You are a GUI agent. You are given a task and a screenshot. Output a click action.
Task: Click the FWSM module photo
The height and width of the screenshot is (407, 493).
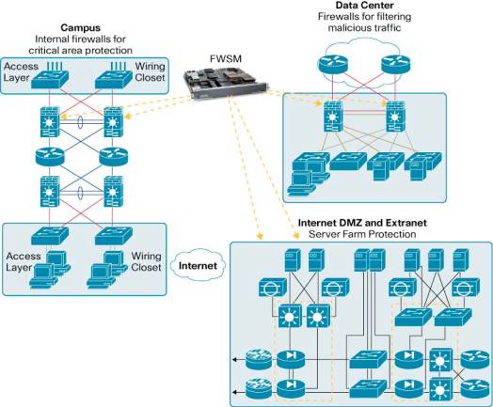pos(226,82)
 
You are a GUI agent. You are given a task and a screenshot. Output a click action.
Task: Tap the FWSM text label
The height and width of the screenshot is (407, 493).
pos(226,58)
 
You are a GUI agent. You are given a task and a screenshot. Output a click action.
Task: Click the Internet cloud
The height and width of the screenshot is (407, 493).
pos(199,266)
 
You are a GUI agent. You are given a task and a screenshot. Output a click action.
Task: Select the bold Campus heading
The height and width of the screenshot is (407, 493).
pos(81,27)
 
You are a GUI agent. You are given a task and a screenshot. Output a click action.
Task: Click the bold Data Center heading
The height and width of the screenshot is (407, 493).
pos(365,5)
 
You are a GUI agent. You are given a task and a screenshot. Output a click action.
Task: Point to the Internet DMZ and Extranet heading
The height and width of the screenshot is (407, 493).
pos(362,223)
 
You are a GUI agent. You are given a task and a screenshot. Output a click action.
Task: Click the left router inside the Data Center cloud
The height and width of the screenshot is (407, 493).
pos(333,65)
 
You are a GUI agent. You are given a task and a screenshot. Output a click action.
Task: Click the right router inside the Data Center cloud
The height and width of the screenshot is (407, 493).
pos(395,65)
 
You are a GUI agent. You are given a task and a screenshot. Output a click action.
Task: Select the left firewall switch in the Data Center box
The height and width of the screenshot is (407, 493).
pos(333,117)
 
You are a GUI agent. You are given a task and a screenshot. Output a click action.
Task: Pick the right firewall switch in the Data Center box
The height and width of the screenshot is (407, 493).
pos(395,117)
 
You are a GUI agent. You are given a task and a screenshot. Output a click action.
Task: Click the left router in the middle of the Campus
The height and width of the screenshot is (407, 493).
pos(50,156)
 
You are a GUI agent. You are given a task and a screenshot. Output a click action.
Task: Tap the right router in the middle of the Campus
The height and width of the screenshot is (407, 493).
pos(114,156)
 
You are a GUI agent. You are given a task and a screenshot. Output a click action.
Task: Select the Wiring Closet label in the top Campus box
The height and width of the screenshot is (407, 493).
pos(150,72)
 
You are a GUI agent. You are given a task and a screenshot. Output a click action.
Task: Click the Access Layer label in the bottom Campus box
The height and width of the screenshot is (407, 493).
pos(24,261)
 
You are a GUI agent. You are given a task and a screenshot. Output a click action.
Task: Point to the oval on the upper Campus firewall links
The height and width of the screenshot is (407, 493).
pos(81,122)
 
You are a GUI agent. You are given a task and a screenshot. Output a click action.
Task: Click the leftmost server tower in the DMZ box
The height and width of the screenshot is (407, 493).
pos(293,259)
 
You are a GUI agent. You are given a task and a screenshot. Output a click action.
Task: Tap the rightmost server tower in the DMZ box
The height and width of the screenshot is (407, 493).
pos(461,259)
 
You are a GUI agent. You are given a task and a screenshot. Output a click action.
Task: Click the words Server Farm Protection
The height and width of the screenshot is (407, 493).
pos(362,234)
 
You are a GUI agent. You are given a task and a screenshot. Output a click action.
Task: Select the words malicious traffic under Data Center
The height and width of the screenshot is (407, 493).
pos(364,27)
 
